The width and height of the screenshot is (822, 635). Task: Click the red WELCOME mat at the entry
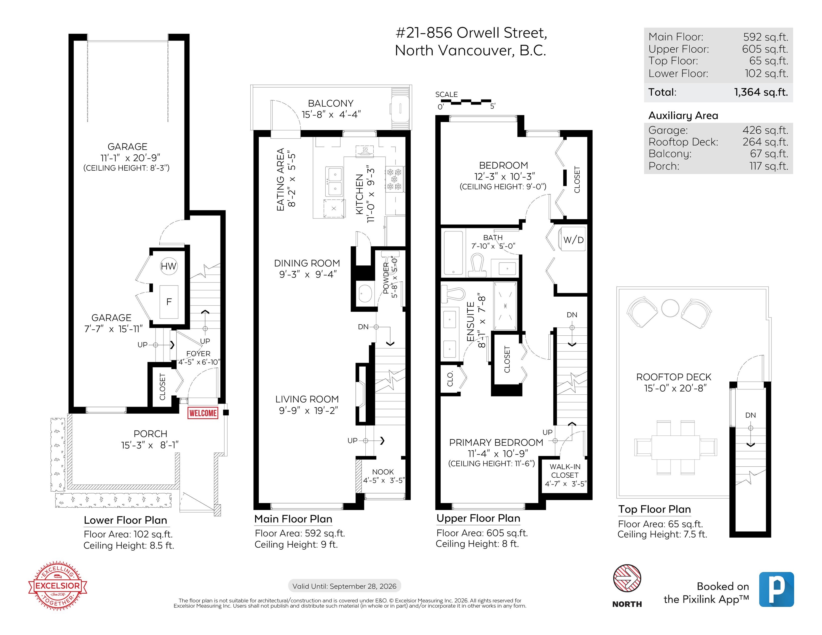pyautogui.click(x=203, y=413)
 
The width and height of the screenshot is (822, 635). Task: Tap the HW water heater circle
pyautogui.click(x=168, y=266)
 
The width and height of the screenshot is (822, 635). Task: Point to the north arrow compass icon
pyautogui.click(x=627, y=578)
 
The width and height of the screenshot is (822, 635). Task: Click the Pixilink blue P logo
pyautogui.click(x=777, y=590)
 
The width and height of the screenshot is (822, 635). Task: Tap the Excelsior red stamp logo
pyautogui.click(x=58, y=585)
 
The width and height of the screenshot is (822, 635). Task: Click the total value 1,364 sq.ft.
pyautogui.click(x=761, y=92)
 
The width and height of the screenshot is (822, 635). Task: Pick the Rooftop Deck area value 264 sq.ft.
pyautogui.click(x=765, y=142)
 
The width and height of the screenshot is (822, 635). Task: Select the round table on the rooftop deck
pyautogui.click(x=670, y=308)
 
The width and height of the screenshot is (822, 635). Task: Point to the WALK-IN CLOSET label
pyautogui.click(x=565, y=471)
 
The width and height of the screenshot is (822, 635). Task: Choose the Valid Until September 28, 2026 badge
pyautogui.click(x=344, y=586)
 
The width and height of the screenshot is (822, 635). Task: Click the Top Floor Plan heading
pyautogui.click(x=655, y=509)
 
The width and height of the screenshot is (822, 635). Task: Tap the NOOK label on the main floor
pyautogui.click(x=383, y=472)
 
